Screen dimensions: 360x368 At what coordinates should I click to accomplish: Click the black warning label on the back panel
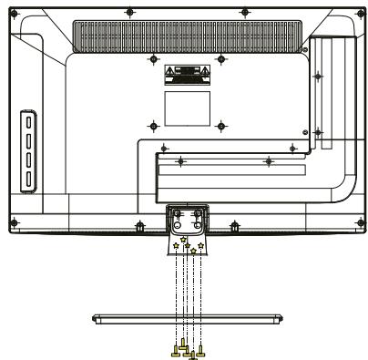(x=187, y=72)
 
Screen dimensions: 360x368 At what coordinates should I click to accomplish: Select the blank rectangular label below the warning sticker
(x=187, y=100)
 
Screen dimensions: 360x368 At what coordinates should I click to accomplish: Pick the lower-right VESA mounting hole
(x=221, y=124)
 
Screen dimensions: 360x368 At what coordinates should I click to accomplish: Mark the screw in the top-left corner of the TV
(x=14, y=13)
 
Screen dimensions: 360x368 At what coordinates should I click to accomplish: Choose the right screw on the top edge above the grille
(x=244, y=13)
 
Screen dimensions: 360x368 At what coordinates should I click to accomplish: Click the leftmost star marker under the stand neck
(x=173, y=245)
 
